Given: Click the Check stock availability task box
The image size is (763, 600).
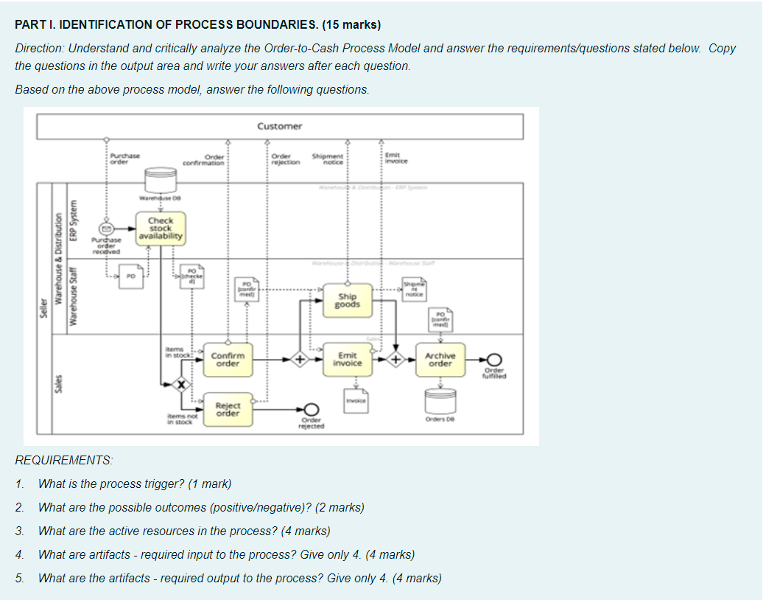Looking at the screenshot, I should pos(160,229).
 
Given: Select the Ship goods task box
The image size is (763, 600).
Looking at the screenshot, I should pos(347,300).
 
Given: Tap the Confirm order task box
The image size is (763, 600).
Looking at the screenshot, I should pos(228,359).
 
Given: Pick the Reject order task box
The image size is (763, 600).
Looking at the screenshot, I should pos(228,409).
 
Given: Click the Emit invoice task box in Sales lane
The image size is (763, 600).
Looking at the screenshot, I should pos(347,359).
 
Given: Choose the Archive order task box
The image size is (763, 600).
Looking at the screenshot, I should pos(440,359).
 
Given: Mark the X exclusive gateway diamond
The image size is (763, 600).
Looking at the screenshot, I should pos(179,384).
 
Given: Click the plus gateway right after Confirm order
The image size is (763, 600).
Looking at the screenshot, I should pos(300,360).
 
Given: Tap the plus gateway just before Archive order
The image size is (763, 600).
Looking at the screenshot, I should pos(397,360).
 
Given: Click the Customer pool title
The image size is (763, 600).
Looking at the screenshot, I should pos(280,126).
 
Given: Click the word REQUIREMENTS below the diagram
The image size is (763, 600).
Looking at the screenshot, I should pos(65,460).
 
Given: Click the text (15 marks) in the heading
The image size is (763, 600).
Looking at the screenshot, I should pos(351,24).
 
